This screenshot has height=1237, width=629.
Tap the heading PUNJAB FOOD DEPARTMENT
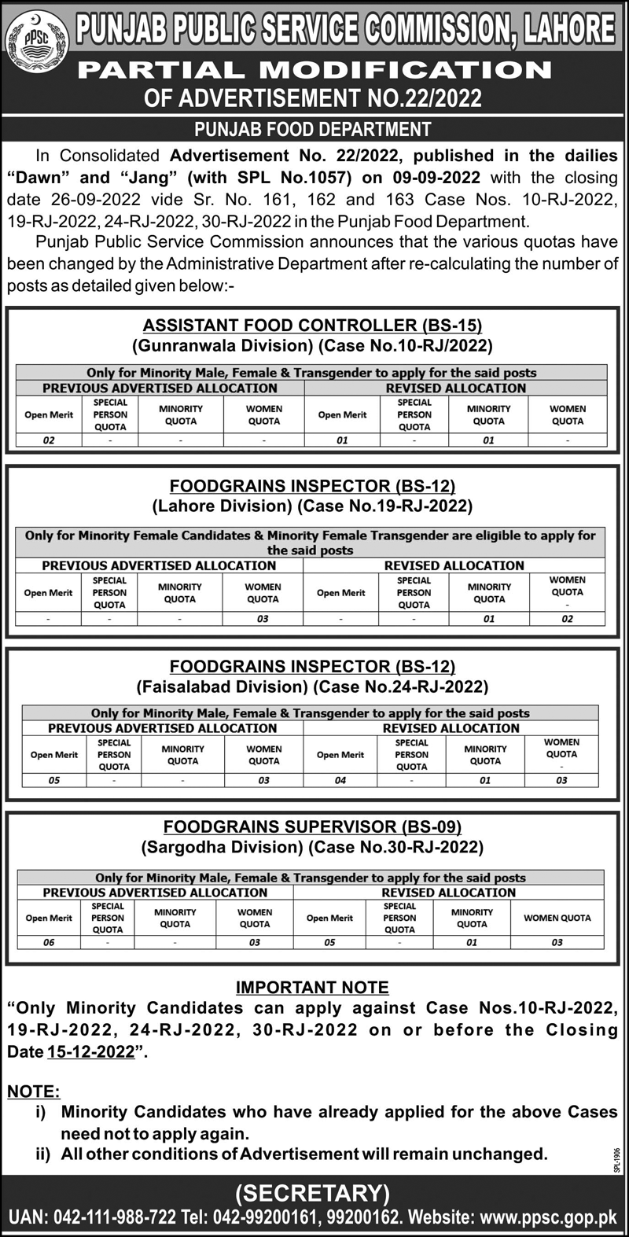(313, 129)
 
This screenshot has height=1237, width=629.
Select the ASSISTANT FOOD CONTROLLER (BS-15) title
(312, 325)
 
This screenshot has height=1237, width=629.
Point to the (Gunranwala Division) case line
(312, 344)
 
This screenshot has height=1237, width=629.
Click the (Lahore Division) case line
(312, 505)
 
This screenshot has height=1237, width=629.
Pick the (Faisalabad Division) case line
(312, 687)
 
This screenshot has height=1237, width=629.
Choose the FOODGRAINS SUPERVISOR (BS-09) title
(312, 827)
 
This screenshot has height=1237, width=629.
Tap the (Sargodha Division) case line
(312, 847)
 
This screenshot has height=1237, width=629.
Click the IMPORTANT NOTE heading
(312, 987)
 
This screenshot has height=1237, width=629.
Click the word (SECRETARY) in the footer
(312, 1193)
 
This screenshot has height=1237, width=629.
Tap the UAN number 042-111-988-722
(115, 1217)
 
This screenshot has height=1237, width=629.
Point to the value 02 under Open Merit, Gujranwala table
(49, 440)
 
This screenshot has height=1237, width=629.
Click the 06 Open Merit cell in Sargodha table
(49, 942)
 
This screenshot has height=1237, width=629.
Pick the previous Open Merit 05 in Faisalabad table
(54, 780)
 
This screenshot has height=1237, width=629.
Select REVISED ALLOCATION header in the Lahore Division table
(454, 565)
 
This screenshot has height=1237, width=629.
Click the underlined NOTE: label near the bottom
(33, 1092)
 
